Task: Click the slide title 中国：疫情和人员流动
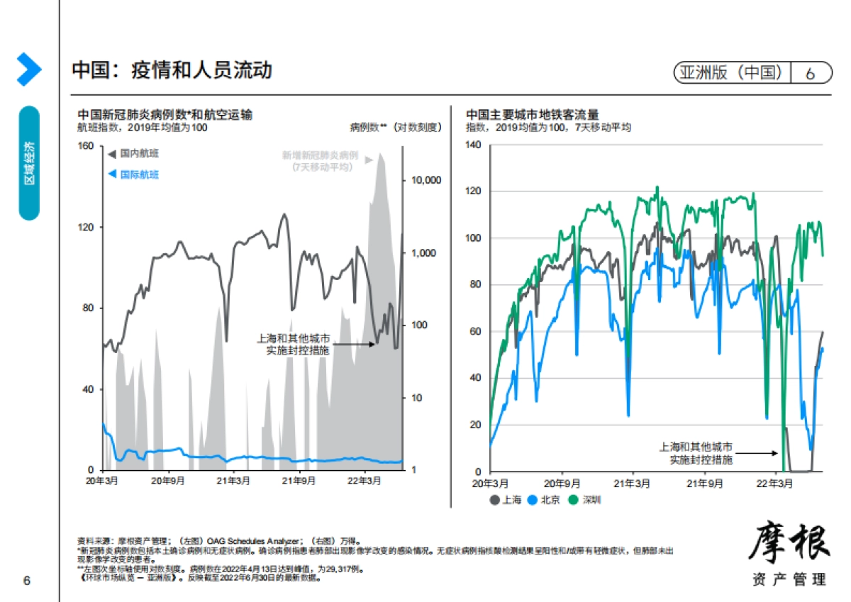point(172,70)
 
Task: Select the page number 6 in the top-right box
point(810,73)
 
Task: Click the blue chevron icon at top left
point(28,69)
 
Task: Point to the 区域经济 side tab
point(29,163)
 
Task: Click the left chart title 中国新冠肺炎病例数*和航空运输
point(165,114)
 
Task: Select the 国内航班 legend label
point(139,153)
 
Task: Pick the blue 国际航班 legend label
point(139,174)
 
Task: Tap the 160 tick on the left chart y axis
point(86,146)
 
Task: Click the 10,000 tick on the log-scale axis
point(426,180)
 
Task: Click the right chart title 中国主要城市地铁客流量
point(532,114)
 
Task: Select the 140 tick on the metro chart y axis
point(473,145)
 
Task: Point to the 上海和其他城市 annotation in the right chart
point(696,447)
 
